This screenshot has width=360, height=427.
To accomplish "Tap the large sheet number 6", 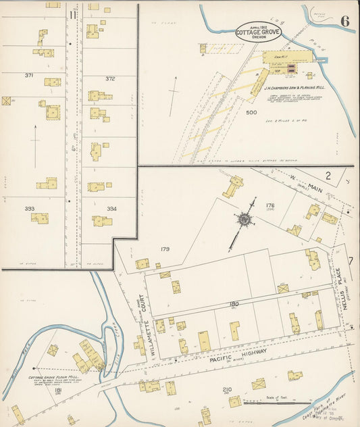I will (x=344, y=20).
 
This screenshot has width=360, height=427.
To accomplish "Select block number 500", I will (x=251, y=113).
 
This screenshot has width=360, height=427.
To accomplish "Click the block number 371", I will (x=29, y=75).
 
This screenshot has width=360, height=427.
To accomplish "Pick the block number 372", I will (x=110, y=79).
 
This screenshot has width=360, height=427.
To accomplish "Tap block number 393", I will (x=30, y=208).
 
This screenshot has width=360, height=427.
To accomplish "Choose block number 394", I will (x=111, y=209).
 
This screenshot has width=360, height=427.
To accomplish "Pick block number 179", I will (x=165, y=249).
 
